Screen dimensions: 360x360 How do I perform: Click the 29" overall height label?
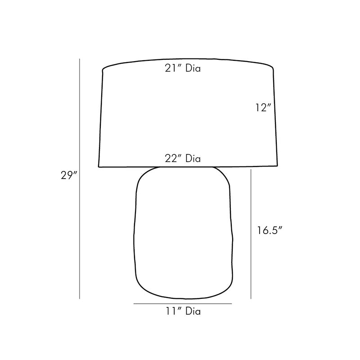pos(68,175)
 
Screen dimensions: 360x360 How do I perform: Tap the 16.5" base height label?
pos(269,230)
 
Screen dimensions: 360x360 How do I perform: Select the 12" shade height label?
pos(264,108)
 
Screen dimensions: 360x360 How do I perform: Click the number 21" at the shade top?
pos(173,68)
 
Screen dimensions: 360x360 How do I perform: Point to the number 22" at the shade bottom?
pos(173,159)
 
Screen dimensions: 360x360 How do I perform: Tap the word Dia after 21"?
pos(193,68)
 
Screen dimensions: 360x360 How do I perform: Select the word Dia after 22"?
pos(193,159)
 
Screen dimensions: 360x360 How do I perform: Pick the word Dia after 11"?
pos(193,311)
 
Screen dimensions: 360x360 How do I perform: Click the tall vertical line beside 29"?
pos(80,179)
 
